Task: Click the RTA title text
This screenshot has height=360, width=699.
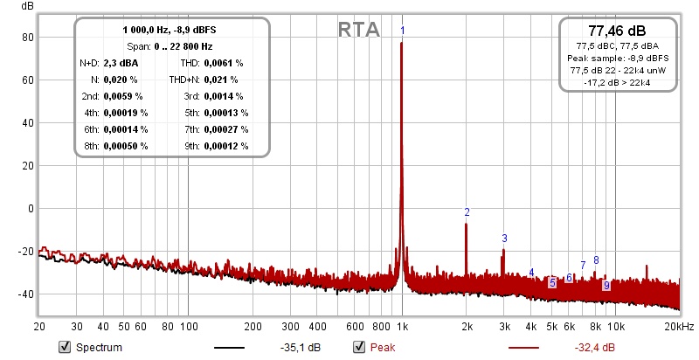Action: tap(359, 30)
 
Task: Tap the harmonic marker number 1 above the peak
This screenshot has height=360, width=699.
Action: tap(402, 31)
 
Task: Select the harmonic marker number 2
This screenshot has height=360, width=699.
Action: tap(467, 212)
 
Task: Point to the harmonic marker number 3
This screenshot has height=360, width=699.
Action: tap(504, 238)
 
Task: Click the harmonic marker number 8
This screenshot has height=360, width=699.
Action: tap(596, 260)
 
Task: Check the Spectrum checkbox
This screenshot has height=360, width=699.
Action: tap(64, 348)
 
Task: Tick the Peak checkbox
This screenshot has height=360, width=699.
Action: tap(358, 348)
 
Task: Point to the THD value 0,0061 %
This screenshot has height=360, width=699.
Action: tap(224, 63)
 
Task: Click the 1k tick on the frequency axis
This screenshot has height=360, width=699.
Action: tap(401, 326)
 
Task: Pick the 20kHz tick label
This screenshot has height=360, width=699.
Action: tap(679, 326)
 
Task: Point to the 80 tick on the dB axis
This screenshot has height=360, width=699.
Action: tap(27, 38)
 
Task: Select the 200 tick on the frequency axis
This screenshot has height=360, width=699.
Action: tap(253, 326)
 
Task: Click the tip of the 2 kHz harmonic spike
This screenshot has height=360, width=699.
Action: tap(467, 225)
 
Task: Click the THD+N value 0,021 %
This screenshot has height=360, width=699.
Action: tap(222, 80)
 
